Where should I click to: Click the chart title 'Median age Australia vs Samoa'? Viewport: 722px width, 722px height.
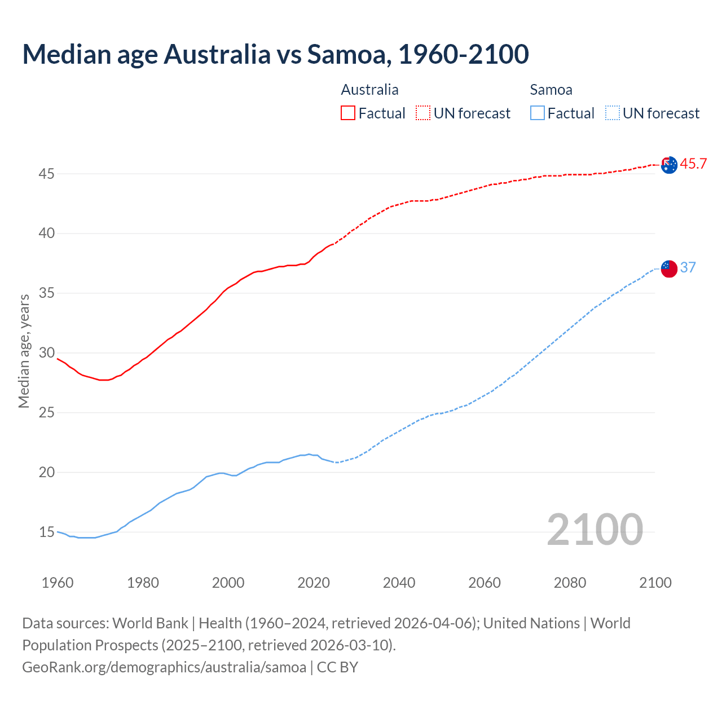tap(275, 54)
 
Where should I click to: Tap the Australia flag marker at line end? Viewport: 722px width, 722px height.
tap(669, 165)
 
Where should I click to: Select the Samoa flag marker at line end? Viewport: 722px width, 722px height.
tap(669, 268)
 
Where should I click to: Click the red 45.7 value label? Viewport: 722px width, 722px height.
tap(693, 164)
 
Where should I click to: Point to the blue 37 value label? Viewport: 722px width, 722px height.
tap(688, 267)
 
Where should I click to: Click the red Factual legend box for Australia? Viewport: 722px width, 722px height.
tap(348, 113)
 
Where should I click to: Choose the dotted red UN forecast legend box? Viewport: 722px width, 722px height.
tap(423, 113)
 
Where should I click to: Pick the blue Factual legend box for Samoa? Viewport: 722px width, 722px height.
tap(538, 113)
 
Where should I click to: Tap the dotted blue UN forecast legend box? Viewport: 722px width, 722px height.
tap(612, 113)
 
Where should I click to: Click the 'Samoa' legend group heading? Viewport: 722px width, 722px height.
tap(551, 90)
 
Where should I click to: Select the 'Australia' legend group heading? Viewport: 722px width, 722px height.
tap(369, 90)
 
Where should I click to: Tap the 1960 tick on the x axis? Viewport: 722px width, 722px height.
tap(58, 583)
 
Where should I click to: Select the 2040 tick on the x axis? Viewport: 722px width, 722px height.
tap(399, 583)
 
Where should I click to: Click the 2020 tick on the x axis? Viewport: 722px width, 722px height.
tap(314, 583)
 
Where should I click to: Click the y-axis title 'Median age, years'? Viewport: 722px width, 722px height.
tap(24, 351)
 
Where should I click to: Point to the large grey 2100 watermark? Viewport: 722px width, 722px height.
tap(595, 529)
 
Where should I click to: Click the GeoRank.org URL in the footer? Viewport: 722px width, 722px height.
tap(164, 667)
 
